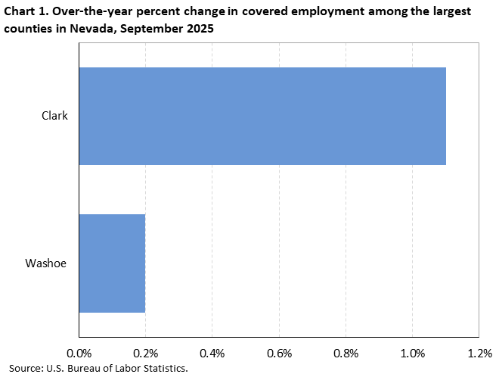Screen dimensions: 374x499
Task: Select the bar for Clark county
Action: (x=262, y=116)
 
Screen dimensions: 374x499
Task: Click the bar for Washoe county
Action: (x=112, y=263)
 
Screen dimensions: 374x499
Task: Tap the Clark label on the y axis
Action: (x=54, y=116)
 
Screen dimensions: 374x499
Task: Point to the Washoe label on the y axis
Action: (x=46, y=263)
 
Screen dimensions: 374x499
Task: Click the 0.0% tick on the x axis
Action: (x=79, y=353)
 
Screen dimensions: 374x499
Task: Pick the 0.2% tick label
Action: (x=145, y=353)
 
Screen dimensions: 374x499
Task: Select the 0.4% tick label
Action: (x=212, y=353)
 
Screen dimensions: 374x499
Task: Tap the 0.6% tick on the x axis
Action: (x=279, y=353)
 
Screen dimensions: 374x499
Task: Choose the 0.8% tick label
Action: (x=346, y=353)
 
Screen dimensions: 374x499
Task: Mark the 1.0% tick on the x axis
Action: (x=412, y=353)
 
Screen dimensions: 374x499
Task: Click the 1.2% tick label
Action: (x=479, y=353)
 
